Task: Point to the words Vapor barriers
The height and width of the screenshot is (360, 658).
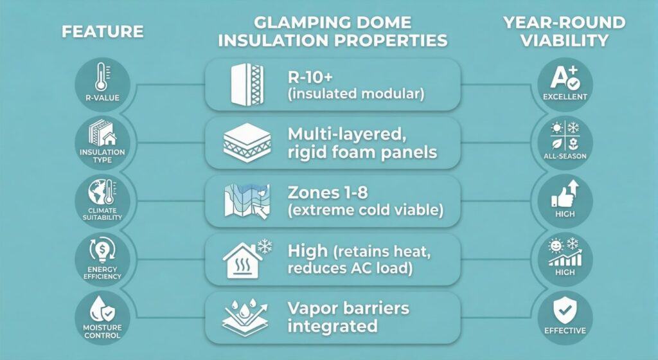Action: pyautogui.click(x=348, y=307)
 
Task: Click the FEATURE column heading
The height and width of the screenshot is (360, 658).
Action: pyautogui.click(x=103, y=31)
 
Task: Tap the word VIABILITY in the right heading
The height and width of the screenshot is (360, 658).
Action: pyautogui.click(x=565, y=40)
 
